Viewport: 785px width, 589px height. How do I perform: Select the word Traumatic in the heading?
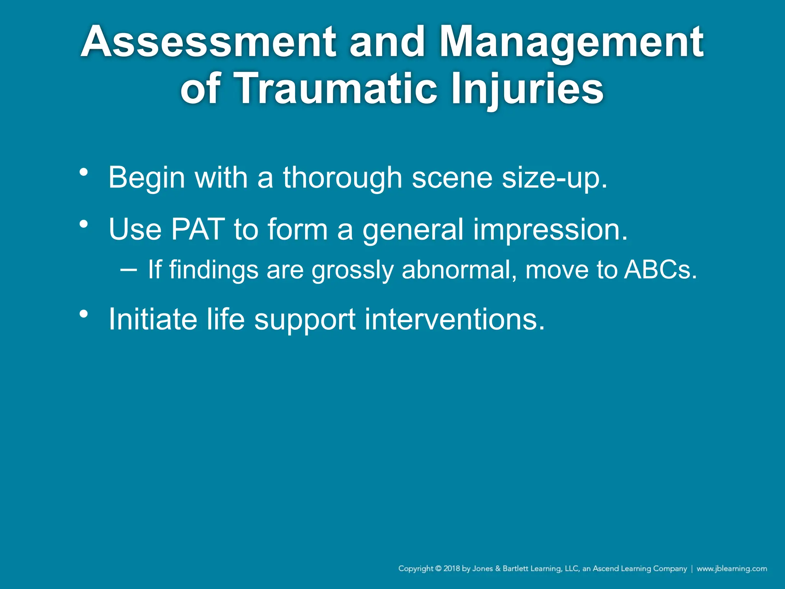[x=335, y=89]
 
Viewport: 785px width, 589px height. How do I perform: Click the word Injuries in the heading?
[x=527, y=89]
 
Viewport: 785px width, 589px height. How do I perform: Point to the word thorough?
[x=342, y=178]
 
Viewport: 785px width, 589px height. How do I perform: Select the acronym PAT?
[x=197, y=229]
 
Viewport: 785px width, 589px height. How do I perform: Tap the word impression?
[x=550, y=229]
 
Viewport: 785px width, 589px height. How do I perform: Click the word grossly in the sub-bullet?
[x=352, y=270]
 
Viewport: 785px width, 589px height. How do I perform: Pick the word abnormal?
[x=458, y=270]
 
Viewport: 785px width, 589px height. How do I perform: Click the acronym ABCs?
[x=660, y=270]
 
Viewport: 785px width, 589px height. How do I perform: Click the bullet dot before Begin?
[x=84, y=172]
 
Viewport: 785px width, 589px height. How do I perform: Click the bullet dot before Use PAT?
[x=84, y=224]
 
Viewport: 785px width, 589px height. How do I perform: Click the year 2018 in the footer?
[x=452, y=569]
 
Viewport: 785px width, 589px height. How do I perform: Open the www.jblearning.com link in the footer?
[x=732, y=569]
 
